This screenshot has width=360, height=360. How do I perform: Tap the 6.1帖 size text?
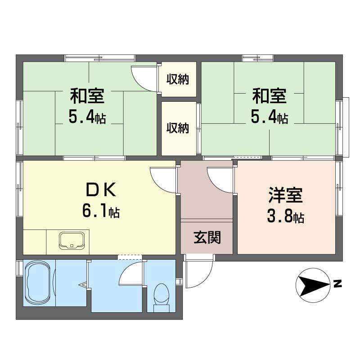click(101, 211)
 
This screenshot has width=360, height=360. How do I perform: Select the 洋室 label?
click(285, 197)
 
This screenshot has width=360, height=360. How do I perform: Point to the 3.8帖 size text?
click(285, 218)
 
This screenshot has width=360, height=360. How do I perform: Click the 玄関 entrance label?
click(207, 237)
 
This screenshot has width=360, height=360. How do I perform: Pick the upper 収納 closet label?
click(178, 80)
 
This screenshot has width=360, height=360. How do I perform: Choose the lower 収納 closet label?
click(178, 128)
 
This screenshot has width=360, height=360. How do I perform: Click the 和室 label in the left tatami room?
click(87, 97)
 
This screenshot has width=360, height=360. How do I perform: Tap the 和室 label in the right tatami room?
click(269, 97)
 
